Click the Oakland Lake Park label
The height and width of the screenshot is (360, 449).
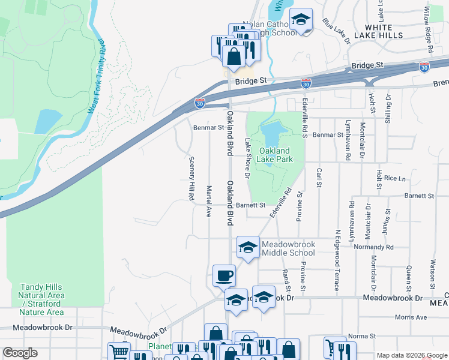point(276,155)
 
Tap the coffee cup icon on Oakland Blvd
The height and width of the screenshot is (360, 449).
point(224,275)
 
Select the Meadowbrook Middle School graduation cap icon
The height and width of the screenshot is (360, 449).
point(248,246)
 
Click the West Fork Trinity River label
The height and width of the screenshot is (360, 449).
point(96,77)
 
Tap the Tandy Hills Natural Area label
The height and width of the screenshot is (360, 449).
point(41,299)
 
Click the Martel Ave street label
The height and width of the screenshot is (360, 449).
point(209,201)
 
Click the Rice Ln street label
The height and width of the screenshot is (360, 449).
point(395,178)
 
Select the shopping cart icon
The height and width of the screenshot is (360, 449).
point(119,352)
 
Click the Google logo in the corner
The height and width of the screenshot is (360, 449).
point(20,353)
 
